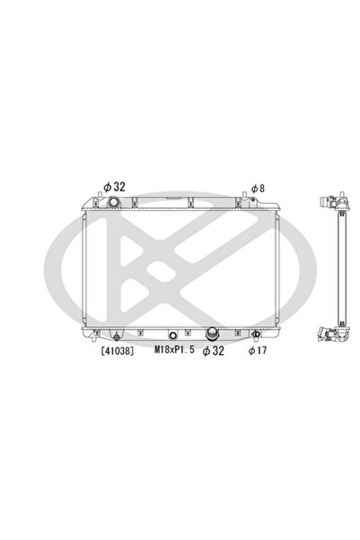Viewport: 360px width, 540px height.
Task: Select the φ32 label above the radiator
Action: [x=114, y=187]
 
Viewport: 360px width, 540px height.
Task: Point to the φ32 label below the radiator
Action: [x=213, y=352]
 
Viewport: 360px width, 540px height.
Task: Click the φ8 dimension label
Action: [x=257, y=188]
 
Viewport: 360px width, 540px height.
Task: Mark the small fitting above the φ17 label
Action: [x=256, y=336]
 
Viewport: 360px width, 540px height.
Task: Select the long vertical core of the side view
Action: [x=339, y=270]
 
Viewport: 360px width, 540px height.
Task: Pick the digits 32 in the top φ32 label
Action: [x=119, y=187]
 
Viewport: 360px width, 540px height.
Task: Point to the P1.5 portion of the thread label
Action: [x=181, y=352]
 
